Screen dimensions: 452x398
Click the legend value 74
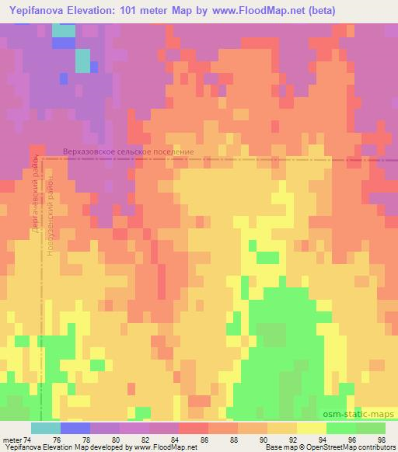click(30, 439)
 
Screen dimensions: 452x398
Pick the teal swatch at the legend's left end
click(45, 428)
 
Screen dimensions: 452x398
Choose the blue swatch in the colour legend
click(75, 428)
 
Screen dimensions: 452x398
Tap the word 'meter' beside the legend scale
click(13, 439)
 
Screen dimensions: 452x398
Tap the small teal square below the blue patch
click(82, 60)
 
